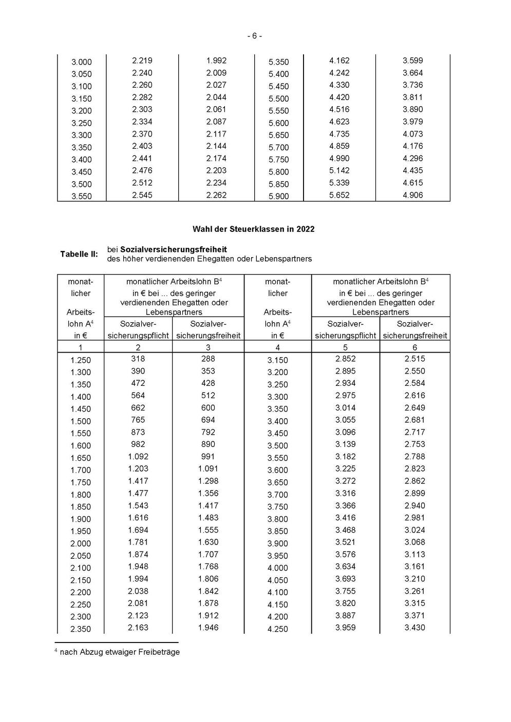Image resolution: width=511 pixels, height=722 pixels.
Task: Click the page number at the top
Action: [255, 36]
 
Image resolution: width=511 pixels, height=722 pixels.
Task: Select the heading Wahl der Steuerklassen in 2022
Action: [253, 229]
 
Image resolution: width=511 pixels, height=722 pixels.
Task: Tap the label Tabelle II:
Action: [79, 254]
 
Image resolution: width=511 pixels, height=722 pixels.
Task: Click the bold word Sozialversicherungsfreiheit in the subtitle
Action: [174, 249]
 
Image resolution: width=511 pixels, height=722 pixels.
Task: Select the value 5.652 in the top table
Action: [339, 195]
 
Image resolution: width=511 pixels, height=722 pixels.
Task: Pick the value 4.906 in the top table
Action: [412, 195]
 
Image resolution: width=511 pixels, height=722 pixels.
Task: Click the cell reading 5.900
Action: [278, 196]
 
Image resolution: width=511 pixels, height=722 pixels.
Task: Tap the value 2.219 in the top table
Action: [142, 61]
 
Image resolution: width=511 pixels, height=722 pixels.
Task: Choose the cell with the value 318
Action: [138, 359]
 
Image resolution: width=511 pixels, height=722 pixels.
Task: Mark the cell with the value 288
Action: [208, 359]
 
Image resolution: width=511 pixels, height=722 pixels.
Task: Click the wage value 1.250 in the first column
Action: [81, 360]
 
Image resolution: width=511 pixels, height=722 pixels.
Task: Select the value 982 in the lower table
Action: [138, 444]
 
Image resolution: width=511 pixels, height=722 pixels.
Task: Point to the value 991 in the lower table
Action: [208, 457]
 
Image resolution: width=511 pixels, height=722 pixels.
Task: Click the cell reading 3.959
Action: [345, 628]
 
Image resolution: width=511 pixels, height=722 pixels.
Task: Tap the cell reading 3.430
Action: [414, 628]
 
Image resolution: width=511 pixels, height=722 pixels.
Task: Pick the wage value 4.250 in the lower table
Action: [277, 629]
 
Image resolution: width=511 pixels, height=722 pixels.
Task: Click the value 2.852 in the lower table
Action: [345, 359]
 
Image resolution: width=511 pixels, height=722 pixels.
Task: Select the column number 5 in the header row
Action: [345, 347]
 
